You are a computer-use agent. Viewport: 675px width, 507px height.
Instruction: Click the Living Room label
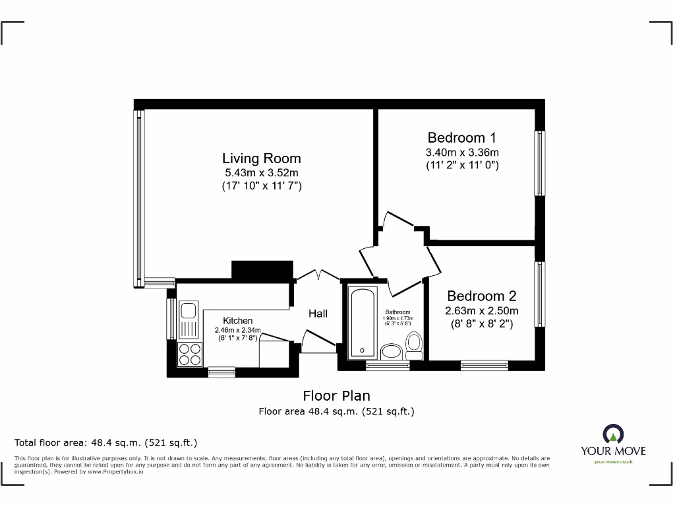(x=261, y=158)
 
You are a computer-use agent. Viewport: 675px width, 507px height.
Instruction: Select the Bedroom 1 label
(x=461, y=138)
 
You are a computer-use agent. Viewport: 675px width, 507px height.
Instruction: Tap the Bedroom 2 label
(x=481, y=296)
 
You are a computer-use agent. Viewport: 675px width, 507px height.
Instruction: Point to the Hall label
(x=318, y=314)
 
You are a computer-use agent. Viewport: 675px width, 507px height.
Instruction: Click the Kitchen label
(x=237, y=321)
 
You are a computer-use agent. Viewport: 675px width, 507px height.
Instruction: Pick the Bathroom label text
(x=397, y=312)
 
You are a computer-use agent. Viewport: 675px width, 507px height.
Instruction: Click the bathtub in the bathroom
(x=360, y=321)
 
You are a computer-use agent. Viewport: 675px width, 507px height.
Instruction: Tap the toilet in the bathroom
(x=414, y=345)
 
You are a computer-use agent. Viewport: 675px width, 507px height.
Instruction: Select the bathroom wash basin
(x=393, y=351)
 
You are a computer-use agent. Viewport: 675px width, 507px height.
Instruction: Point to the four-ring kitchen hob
(x=190, y=354)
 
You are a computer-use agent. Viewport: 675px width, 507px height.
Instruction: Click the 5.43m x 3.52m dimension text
(x=261, y=173)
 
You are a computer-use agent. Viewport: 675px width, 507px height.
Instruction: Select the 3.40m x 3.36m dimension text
(x=461, y=152)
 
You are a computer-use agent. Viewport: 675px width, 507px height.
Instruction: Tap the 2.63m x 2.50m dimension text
(x=481, y=311)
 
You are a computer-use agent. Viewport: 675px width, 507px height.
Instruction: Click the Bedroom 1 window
(x=540, y=162)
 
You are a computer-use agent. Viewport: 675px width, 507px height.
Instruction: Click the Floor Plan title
(x=336, y=396)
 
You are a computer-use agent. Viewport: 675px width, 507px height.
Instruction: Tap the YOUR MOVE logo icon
(x=613, y=434)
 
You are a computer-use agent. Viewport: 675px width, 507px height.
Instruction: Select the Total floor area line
(x=106, y=442)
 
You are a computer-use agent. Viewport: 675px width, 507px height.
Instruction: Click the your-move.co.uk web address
(x=613, y=462)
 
